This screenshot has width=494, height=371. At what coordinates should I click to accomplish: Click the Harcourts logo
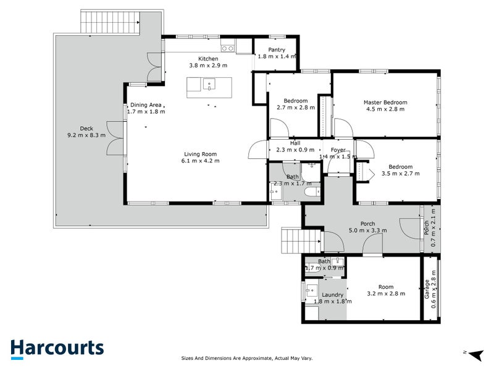(x=57, y=349)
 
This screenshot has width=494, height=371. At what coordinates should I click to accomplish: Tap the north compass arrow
(x=477, y=354)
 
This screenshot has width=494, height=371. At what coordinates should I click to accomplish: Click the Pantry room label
(x=277, y=49)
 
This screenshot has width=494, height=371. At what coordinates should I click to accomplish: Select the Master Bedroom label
(x=385, y=102)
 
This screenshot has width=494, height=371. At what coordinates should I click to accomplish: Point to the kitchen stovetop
(x=227, y=48)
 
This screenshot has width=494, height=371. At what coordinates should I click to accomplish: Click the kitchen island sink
(x=209, y=85)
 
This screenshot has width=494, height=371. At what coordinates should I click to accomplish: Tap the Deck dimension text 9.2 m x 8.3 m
(x=86, y=135)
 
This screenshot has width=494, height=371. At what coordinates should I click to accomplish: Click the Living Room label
(x=200, y=154)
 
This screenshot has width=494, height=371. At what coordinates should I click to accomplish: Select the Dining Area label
(x=146, y=104)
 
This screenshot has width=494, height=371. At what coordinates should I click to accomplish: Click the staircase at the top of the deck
(x=111, y=22)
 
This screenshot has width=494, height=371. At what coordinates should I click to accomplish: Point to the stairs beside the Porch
(x=301, y=241)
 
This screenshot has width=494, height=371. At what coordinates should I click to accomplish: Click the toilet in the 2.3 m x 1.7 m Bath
(x=312, y=191)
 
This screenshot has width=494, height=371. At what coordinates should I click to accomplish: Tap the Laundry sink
(x=312, y=289)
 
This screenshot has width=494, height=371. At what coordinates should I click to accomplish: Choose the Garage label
(x=427, y=289)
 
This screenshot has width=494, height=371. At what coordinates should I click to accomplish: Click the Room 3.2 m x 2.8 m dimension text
(x=386, y=293)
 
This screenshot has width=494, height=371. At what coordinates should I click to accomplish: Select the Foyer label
(x=338, y=150)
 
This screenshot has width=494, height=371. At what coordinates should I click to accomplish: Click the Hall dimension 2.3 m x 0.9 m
(x=295, y=150)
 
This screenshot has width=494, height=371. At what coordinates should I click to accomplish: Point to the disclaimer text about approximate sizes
(x=246, y=358)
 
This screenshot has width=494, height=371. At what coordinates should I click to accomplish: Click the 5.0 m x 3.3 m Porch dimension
(x=367, y=230)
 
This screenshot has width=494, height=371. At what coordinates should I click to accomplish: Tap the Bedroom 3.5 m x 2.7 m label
(x=400, y=166)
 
